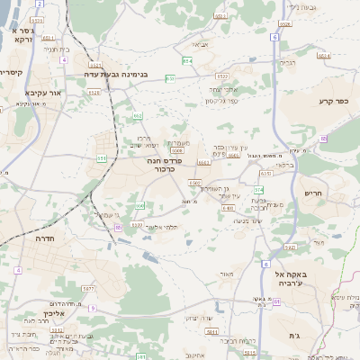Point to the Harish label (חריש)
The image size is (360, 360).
point(312,193)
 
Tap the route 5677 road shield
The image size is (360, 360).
point(88,288)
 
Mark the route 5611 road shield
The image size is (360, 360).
point(211,333)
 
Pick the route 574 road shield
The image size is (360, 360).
point(259,190)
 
